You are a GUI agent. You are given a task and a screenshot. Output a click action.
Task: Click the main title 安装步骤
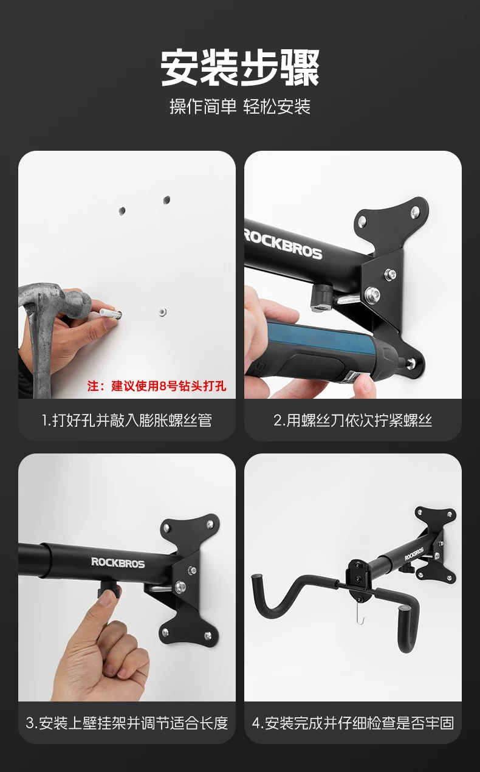pyautogui.click(x=240, y=67)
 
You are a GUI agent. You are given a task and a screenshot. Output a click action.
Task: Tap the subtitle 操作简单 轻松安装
pyautogui.click(x=240, y=106)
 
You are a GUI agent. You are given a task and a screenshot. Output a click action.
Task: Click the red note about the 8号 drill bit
pyautogui.click(x=157, y=386)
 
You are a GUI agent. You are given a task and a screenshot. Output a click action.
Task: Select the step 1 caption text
pyautogui.click(x=127, y=421)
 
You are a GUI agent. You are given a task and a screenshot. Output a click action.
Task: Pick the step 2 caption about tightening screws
pyautogui.click(x=353, y=421)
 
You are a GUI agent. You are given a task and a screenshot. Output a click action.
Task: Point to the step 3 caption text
pyautogui.click(x=127, y=723)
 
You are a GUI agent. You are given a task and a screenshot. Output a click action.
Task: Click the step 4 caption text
pyautogui.click(x=353, y=723)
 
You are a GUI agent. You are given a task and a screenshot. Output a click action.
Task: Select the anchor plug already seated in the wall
pyautogui.click(x=163, y=312)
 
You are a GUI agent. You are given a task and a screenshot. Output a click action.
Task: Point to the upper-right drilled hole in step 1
pyautogui.click(x=166, y=200)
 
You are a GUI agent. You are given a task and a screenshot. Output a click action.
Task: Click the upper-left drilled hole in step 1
pyautogui.click(x=122, y=211)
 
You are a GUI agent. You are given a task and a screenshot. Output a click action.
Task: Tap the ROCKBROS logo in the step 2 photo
pyautogui.click(x=283, y=244)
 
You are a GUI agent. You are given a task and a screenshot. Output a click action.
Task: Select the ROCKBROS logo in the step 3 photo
pyautogui.click(x=118, y=562)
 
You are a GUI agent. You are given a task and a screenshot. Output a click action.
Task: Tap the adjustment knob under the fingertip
pyautogui.click(x=109, y=589)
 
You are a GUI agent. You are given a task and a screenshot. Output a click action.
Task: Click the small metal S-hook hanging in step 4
pyautogui.click(x=360, y=616)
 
